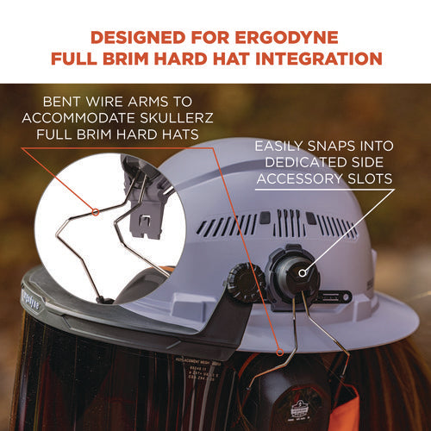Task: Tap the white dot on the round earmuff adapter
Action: (x=301, y=270)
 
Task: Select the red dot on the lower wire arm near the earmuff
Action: (x=280, y=352)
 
